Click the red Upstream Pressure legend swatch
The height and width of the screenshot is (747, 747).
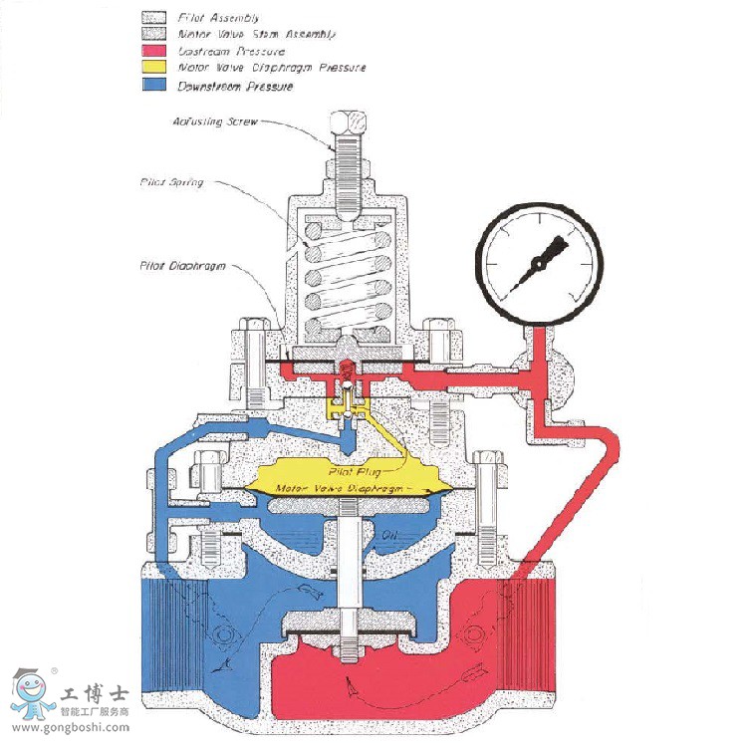pos(155,51)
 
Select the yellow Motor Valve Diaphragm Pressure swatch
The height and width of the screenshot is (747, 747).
pos(155,68)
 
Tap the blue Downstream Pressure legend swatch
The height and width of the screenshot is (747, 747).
pos(155,86)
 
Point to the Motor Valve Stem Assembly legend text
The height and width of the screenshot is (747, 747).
pos(256,34)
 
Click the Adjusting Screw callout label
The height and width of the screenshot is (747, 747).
pos(215,122)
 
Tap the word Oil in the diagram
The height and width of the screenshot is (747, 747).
pos(392,535)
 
